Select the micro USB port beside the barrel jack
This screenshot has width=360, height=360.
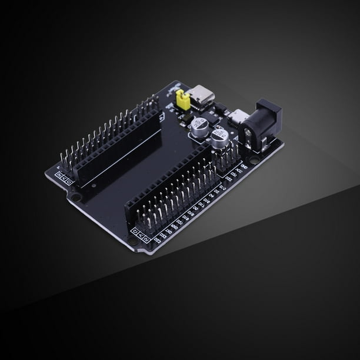(x=239, y=116)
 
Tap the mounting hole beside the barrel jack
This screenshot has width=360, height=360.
(x=254, y=160)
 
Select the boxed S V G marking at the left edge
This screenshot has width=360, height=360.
(x=63, y=177)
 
